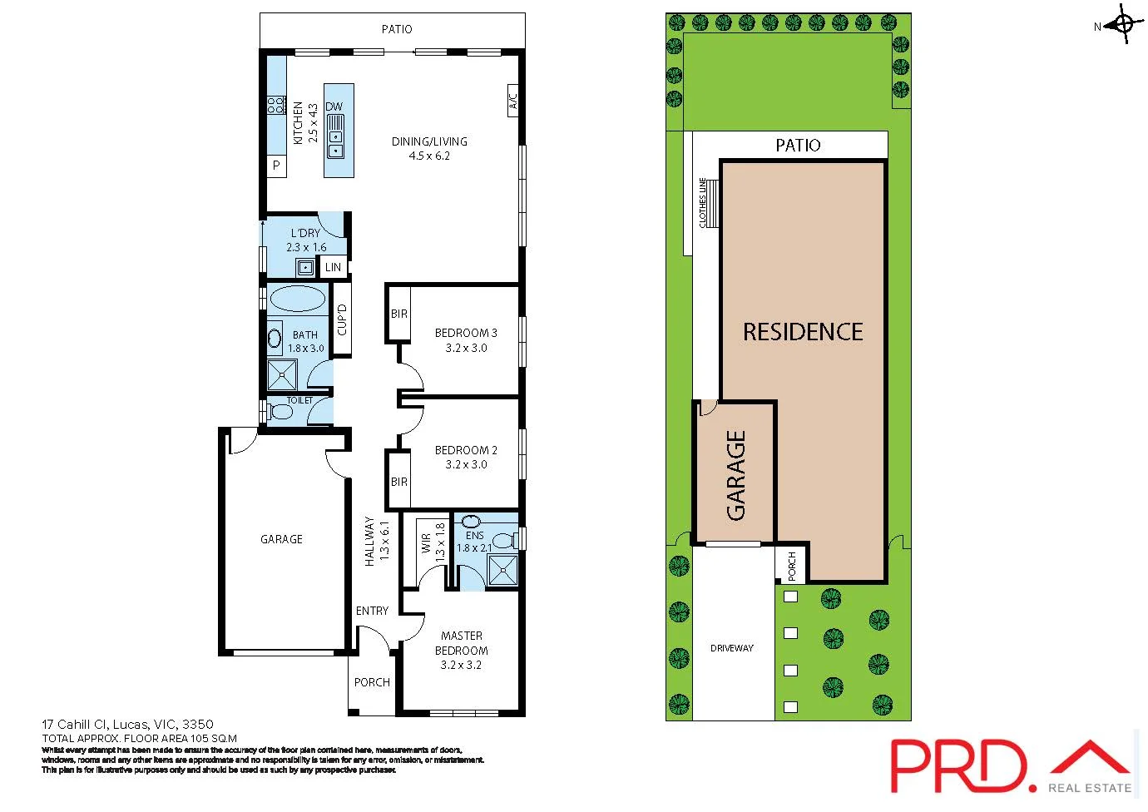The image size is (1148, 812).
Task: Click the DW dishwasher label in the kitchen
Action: pos(334,106)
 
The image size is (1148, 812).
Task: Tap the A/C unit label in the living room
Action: pos(513,100)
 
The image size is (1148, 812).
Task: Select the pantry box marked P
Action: pos(276,166)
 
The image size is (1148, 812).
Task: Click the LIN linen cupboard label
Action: pos(333,267)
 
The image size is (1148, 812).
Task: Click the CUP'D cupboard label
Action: pos(342,319)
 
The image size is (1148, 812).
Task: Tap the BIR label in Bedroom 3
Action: pos(399,314)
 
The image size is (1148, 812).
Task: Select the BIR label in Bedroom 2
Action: pos(399,482)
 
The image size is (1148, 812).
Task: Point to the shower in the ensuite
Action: pos(502,571)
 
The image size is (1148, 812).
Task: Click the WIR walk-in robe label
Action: pos(426,543)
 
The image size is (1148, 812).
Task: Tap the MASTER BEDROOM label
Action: pos(462,643)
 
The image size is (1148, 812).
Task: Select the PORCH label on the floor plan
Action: pos(372,682)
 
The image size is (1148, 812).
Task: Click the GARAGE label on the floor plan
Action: pos(281,539)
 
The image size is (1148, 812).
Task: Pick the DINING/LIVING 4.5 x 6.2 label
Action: pos(429,148)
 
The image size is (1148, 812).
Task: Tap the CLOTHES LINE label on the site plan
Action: pos(703,203)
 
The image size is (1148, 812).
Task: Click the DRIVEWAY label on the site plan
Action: pos(732,647)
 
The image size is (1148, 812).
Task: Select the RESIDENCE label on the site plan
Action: pos(803,332)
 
